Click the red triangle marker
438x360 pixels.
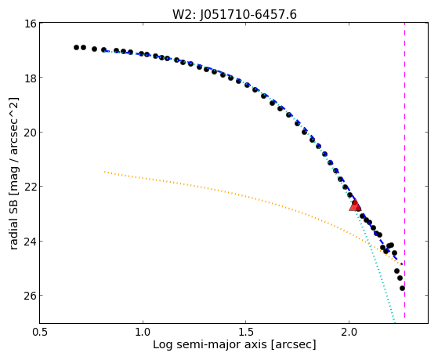pyautogui.click(x=355, y=205)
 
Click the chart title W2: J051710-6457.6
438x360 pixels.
pyautogui.click(x=234, y=15)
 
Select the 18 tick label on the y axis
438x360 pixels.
pyautogui.click(x=31, y=78)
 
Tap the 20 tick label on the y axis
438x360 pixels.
pyautogui.click(x=31, y=132)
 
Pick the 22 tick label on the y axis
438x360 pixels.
pyautogui.click(x=31, y=187)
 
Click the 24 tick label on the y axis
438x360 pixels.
pyautogui.click(x=31, y=241)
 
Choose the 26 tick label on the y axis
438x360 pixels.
pyautogui.click(x=31, y=296)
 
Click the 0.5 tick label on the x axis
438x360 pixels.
pyautogui.click(x=40, y=332)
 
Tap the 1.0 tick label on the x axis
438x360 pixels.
pyautogui.click(x=143, y=332)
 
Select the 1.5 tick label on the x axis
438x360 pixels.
pyautogui.click(x=245, y=332)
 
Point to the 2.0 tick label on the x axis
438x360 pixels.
pyautogui.click(x=349, y=332)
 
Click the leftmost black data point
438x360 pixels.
pyautogui.click(x=76, y=47)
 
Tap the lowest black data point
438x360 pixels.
pyautogui.click(x=402, y=288)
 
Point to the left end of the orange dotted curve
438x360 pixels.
pyautogui.click(x=104, y=172)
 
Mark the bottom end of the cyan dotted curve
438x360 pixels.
pyautogui.click(x=394, y=322)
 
